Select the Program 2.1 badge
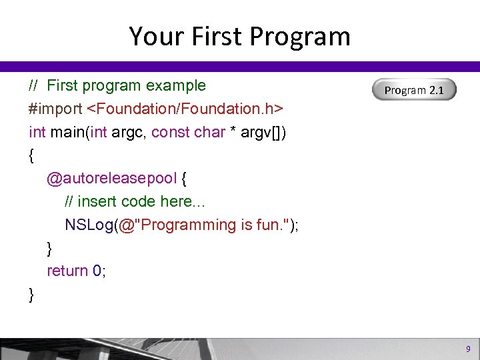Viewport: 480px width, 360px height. point(413,90)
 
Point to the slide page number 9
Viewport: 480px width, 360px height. point(468,349)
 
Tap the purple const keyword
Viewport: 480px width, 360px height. point(170,132)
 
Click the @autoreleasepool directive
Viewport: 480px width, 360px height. point(111,179)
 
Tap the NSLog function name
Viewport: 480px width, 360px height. point(89,225)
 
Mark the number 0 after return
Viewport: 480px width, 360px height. point(97,271)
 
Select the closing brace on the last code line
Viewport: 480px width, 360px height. point(32,295)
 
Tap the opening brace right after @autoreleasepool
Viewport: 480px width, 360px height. point(185,179)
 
